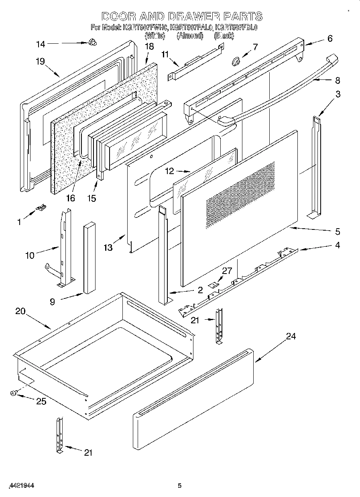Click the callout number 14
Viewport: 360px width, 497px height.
click(41, 44)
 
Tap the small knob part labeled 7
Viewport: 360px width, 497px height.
click(236, 61)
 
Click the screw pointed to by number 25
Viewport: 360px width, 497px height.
click(14, 394)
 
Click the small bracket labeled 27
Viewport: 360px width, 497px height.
click(215, 284)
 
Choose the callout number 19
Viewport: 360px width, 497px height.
click(40, 62)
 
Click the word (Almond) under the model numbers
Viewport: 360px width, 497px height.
click(190, 36)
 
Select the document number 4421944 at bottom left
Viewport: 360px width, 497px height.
click(20, 485)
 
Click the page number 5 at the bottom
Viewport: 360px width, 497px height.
click(180, 486)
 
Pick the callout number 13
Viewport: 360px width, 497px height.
click(108, 247)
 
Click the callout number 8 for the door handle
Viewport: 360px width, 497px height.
click(337, 80)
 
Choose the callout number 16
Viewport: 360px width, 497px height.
click(70, 198)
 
